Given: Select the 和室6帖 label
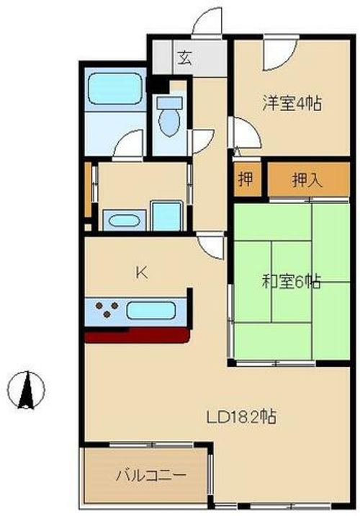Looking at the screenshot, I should (291, 282).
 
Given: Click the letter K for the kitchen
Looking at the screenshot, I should (142, 272).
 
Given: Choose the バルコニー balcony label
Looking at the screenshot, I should (151, 476).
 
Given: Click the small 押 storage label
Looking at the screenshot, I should (246, 180).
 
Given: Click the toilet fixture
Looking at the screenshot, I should (171, 119).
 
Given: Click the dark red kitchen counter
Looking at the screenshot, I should (137, 336).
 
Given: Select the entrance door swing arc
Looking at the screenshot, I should (210, 20).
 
